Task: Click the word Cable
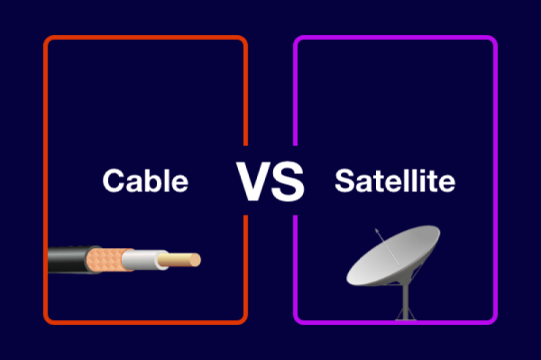pos(145,181)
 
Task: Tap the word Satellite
pos(395,181)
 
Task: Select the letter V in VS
pos(254,180)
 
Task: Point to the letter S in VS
pos(288,180)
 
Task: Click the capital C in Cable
pos(114,181)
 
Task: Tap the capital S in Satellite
pos(344,181)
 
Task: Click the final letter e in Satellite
pos(447,183)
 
